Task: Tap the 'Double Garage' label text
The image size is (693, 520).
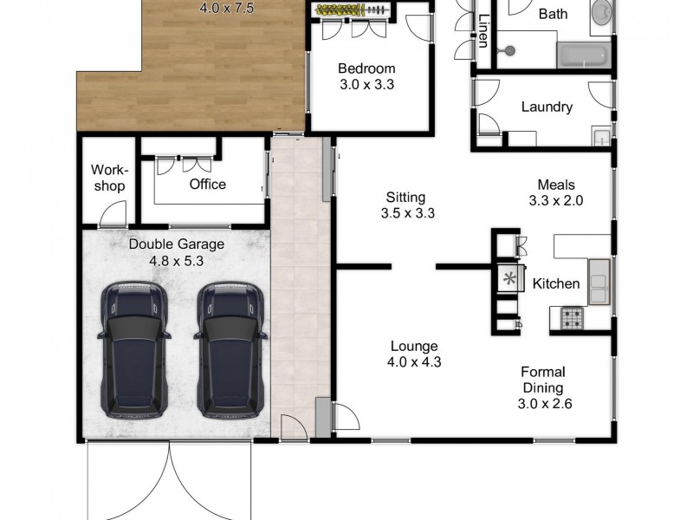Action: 177,244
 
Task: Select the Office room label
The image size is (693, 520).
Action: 207,184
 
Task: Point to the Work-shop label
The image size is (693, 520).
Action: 108,178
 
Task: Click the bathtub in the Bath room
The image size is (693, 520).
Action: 583,55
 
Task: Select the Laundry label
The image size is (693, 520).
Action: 547,107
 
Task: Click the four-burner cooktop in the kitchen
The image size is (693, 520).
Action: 572,319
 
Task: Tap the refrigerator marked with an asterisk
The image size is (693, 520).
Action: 509,279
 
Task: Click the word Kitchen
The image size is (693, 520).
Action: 555,283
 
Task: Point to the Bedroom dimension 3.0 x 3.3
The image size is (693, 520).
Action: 366,85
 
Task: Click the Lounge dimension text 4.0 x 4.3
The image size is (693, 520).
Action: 413,362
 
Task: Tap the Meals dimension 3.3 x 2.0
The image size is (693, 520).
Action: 555,200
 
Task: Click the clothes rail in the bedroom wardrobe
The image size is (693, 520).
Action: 351,10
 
